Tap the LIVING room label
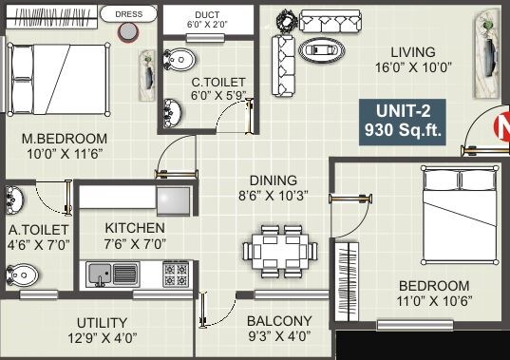coord(411,51)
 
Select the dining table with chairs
coord(279,252)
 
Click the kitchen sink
coord(113,275)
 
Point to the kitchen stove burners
coord(175,275)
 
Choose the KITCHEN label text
coord(135,228)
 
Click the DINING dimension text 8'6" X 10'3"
coord(274,196)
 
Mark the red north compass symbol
coord(502,126)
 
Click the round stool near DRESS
coord(126,32)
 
